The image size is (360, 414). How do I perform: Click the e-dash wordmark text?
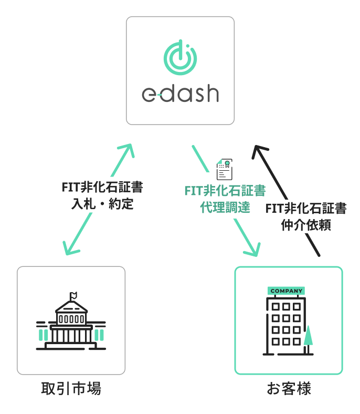coord(180,94)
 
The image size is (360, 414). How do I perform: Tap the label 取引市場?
coord(71,389)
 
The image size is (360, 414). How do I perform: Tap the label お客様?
coord(289,389)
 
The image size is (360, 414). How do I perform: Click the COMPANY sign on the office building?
coord(287,291)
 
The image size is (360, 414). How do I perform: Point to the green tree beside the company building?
coord(308,337)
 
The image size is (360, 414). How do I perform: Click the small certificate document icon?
coord(225,169)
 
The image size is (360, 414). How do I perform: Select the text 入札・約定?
coord(102,204)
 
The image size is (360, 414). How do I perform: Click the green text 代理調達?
coord(225,207)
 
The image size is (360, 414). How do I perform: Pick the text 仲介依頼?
coord(306,224)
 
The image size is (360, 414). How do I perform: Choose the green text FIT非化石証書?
coord(225,191)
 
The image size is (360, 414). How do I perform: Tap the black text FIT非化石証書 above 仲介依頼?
coord(306,209)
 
